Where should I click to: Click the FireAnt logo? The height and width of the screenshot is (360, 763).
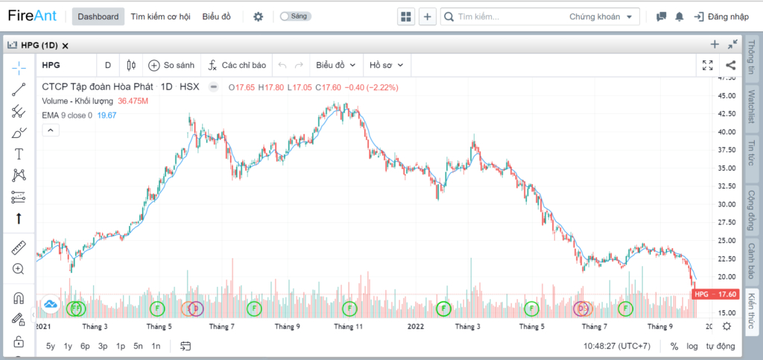pyautogui.click(x=32, y=16)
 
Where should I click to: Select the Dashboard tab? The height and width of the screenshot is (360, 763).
pyautogui.click(x=98, y=16)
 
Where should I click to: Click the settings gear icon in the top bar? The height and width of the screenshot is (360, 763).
pyautogui.click(x=258, y=16)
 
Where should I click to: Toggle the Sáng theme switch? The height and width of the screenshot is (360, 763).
pyautogui.click(x=295, y=16)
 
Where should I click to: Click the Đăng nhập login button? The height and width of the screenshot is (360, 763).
pyautogui.click(x=721, y=16)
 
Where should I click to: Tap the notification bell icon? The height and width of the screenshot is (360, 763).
pyautogui.click(x=679, y=16)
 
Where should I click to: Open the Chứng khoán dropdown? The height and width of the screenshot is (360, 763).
pyautogui.click(x=601, y=16)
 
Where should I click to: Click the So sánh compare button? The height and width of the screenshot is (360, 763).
pyautogui.click(x=171, y=65)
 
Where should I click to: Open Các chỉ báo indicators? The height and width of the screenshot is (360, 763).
pyautogui.click(x=237, y=65)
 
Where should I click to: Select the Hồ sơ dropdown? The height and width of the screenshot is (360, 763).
pyautogui.click(x=387, y=65)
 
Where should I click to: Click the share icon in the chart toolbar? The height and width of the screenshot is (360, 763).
pyautogui.click(x=730, y=65)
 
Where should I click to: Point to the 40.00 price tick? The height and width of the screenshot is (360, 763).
pyautogui.click(x=728, y=132)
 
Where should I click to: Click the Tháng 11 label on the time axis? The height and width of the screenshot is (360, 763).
pyautogui.click(x=349, y=326)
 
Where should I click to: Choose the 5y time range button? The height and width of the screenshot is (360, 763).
pyautogui.click(x=51, y=347)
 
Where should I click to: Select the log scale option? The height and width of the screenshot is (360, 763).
pyautogui.click(x=692, y=347)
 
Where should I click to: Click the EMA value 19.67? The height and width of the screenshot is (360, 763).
pyautogui.click(x=107, y=116)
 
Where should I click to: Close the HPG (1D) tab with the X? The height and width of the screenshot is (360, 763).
pyautogui.click(x=66, y=45)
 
